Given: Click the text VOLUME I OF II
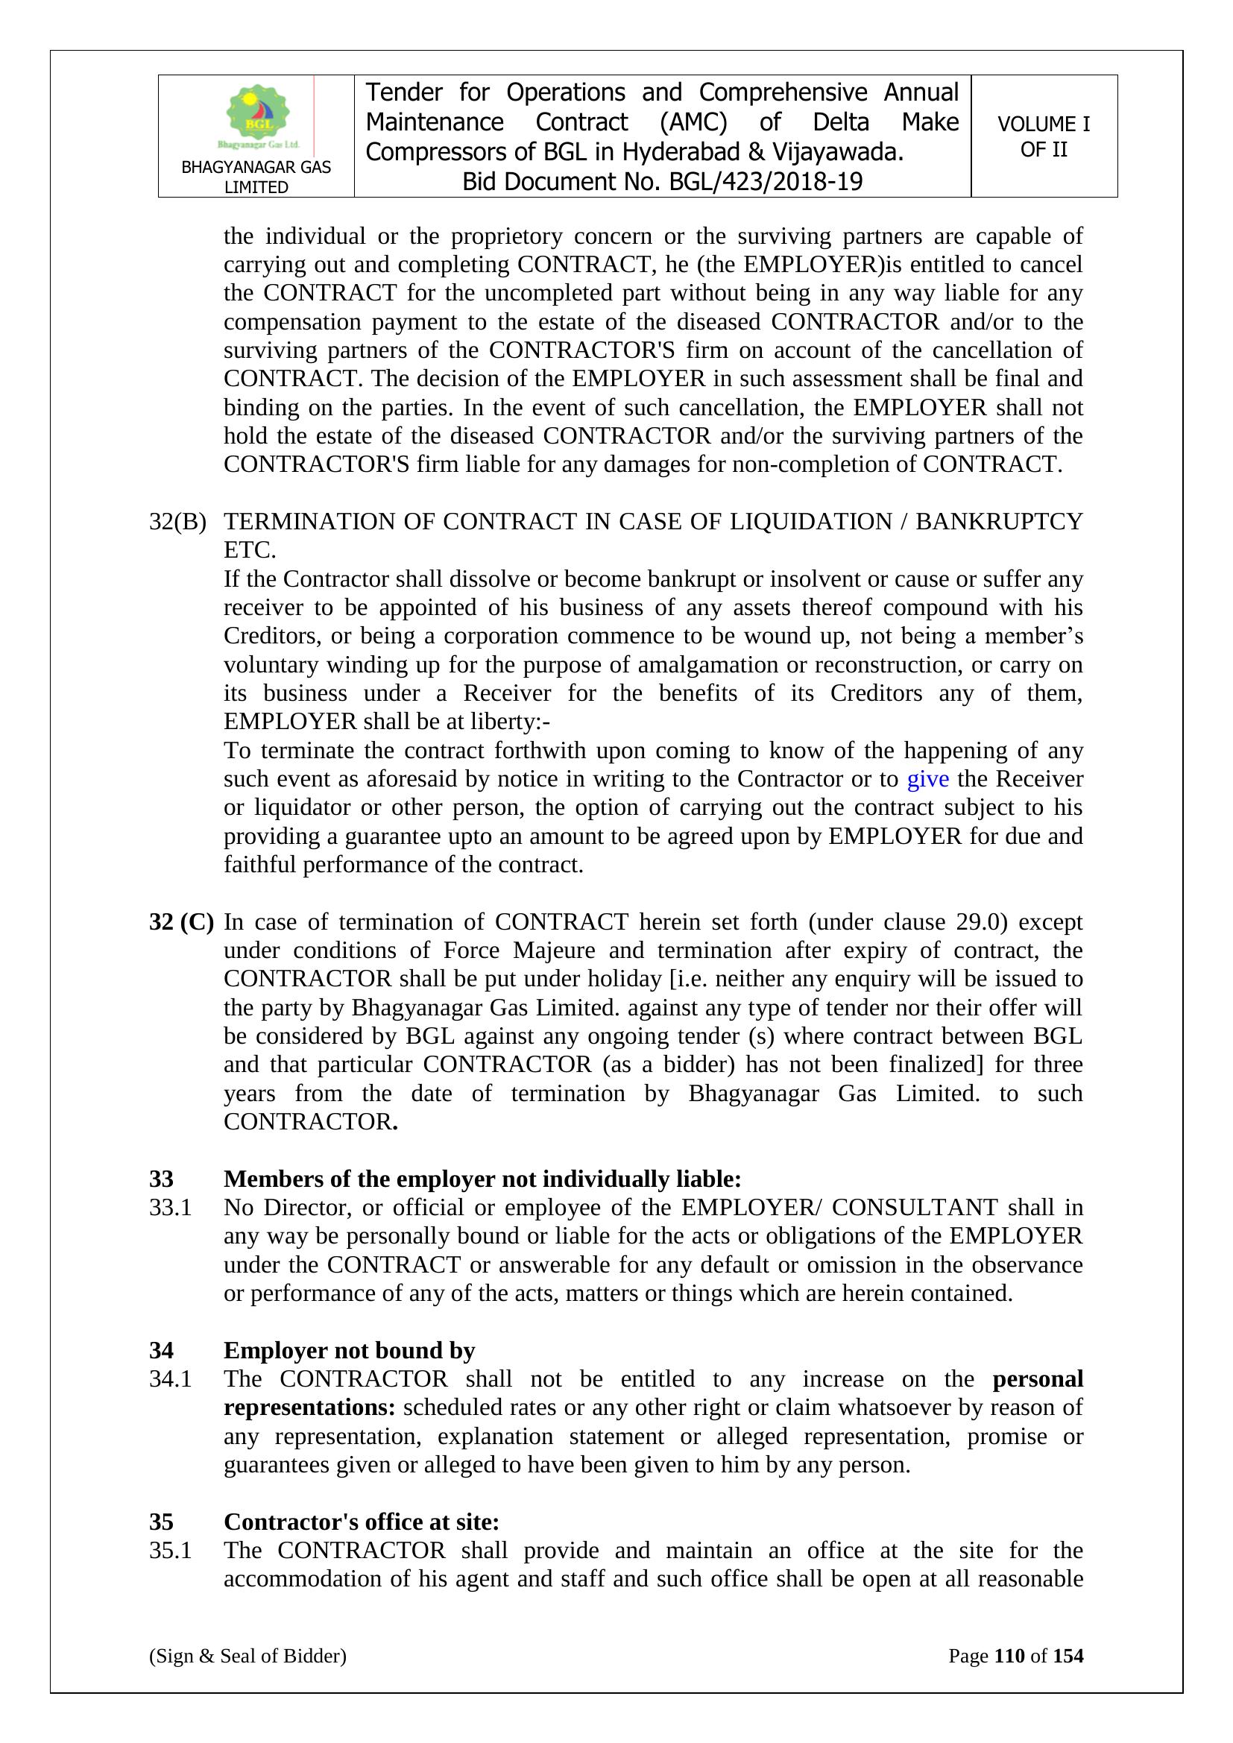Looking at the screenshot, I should pyautogui.click(x=1043, y=136).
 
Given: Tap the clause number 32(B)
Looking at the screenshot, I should pyautogui.click(x=177, y=522).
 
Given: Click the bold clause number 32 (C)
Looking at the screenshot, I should pyautogui.click(x=180, y=921).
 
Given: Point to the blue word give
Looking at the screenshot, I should pyautogui.click(x=928, y=779).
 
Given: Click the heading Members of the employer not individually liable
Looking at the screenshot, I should pyautogui.click(x=482, y=1179).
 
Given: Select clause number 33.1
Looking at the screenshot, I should pyautogui.click(x=170, y=1207).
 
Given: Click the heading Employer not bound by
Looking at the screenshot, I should pyautogui.click(x=349, y=1351).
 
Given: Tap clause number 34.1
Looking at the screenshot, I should pyautogui.click(x=170, y=1378).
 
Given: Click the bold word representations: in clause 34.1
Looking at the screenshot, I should pyautogui.click(x=309, y=1408).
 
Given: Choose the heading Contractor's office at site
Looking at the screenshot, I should pyautogui.click(x=362, y=1522).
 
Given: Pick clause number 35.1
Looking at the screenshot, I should pyautogui.click(x=170, y=1550).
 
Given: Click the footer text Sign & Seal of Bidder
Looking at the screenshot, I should pyautogui.click(x=247, y=1656).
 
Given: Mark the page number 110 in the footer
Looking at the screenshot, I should pyautogui.click(x=1009, y=1656).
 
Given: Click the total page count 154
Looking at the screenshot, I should pyautogui.click(x=1068, y=1656).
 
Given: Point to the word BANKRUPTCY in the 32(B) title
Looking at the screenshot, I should pyautogui.click(x=999, y=522).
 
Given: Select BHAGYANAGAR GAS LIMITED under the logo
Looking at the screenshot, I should pyautogui.click(x=256, y=177).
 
